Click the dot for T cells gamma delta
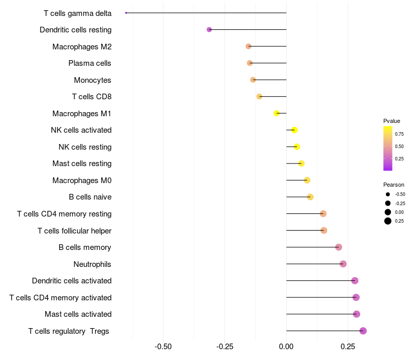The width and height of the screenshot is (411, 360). pyautogui.click(x=126, y=13)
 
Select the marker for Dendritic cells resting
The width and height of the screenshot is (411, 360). pyautogui.click(x=209, y=30)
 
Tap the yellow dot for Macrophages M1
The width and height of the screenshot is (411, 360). pyautogui.click(x=276, y=113)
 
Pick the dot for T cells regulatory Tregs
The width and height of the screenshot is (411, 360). pyautogui.click(x=363, y=331)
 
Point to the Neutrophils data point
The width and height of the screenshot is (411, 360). pyautogui.click(x=343, y=264)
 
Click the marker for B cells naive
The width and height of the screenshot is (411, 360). pyautogui.click(x=310, y=197)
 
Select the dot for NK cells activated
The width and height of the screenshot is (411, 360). pyautogui.click(x=294, y=130)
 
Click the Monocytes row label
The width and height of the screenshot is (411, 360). pyautogui.click(x=92, y=80)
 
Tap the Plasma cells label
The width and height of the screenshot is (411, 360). pyautogui.click(x=90, y=63)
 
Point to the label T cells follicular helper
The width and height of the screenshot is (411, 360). pyautogui.click(x=74, y=230)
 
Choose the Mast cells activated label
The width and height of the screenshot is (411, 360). pyautogui.click(x=78, y=314)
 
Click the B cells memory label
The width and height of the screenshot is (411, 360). pyautogui.click(x=85, y=247)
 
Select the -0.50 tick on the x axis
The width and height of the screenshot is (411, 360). pyautogui.click(x=163, y=346)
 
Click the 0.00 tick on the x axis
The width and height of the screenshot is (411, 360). pyautogui.click(x=286, y=346)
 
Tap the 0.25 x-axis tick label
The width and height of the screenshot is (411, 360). pyautogui.click(x=348, y=346)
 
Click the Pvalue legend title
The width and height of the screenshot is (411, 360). pyautogui.click(x=391, y=121)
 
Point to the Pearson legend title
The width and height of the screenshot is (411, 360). pyautogui.click(x=394, y=185)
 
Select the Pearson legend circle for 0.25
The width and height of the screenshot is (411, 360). pyautogui.click(x=388, y=221)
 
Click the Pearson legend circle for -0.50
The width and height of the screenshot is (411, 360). pyautogui.click(x=388, y=194)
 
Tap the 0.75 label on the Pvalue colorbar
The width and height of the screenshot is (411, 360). pyautogui.click(x=399, y=134)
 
